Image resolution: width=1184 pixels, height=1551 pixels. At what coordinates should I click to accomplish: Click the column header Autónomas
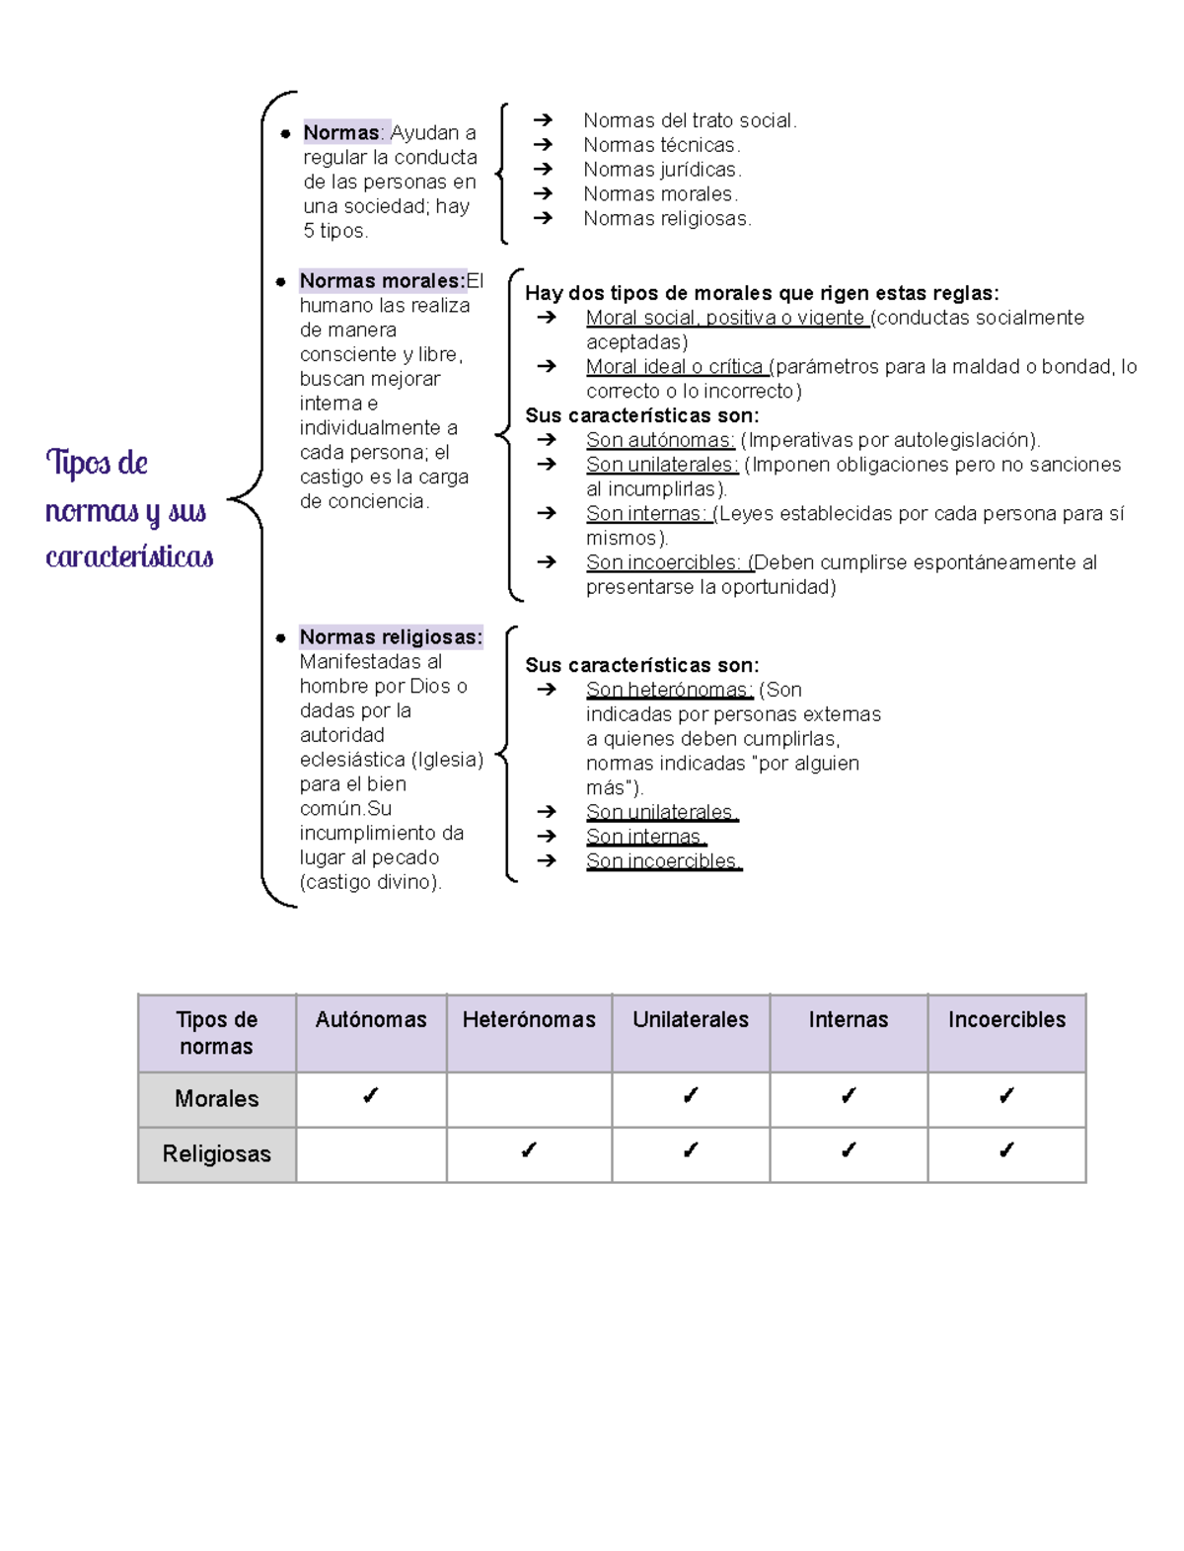click(371, 1020)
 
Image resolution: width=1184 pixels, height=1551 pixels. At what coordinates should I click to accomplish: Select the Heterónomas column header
click(529, 1020)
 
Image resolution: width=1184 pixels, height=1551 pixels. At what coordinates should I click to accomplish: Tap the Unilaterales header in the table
click(691, 1020)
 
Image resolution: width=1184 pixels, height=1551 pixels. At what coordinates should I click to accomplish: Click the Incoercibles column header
click(1006, 1020)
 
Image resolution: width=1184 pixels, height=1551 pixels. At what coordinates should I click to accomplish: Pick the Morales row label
click(217, 1099)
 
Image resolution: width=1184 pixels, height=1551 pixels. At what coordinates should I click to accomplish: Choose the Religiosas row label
click(217, 1154)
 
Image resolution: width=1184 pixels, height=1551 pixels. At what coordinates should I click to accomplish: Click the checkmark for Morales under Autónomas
click(371, 1096)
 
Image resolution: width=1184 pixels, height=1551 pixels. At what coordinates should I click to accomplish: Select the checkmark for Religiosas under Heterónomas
click(529, 1150)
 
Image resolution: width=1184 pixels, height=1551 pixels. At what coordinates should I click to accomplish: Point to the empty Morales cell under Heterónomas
click(529, 1099)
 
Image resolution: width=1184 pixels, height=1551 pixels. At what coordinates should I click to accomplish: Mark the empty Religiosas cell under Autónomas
click(371, 1154)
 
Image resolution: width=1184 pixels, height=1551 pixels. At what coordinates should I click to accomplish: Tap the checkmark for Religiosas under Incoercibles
click(1006, 1150)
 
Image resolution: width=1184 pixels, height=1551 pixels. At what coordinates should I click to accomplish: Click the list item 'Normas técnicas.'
click(661, 145)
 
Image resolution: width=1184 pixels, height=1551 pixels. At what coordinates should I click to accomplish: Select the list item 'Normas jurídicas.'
click(662, 170)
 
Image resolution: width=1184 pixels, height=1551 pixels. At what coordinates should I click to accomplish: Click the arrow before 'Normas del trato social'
click(543, 120)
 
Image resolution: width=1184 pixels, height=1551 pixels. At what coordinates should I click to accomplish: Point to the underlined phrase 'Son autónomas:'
click(660, 440)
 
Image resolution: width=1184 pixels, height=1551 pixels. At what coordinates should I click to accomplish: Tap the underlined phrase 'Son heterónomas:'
click(669, 690)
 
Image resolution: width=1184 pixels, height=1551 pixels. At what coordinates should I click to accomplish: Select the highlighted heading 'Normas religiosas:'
click(391, 637)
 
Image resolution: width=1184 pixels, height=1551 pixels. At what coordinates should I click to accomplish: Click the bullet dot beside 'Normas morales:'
click(281, 282)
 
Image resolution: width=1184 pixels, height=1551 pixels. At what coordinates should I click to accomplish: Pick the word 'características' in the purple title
click(129, 557)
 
